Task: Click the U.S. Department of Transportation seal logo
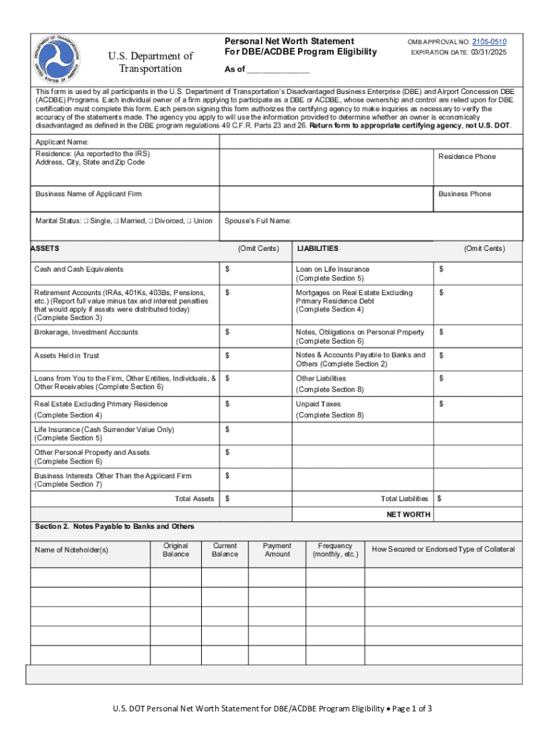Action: (x=63, y=61)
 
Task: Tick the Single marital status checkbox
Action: (x=86, y=221)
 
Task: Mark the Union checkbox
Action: (x=189, y=221)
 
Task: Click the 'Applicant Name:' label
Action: (x=62, y=143)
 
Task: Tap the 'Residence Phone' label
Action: (x=466, y=157)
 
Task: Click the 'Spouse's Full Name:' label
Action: (x=257, y=221)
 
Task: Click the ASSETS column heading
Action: (x=45, y=249)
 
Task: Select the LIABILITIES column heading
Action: (x=317, y=249)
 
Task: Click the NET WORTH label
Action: (x=408, y=514)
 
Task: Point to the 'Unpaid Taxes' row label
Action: (x=318, y=404)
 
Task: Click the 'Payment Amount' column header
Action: (x=277, y=550)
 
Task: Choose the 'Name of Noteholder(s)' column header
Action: (x=71, y=550)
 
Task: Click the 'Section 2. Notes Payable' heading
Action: (x=114, y=527)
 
